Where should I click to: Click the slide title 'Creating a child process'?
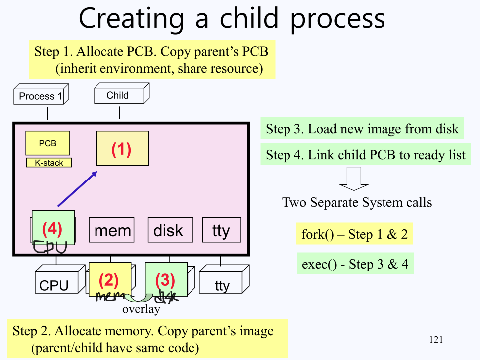232,18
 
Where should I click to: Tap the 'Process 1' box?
40,96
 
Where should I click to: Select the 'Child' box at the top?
118,95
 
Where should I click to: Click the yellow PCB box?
48,143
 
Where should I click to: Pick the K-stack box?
49,163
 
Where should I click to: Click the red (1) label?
121,149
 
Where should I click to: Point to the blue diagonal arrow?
77,188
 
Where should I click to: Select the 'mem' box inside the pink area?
112,230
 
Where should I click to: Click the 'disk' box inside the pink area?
168,230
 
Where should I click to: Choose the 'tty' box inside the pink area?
221,230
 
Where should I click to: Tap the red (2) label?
109,281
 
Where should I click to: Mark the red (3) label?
165,281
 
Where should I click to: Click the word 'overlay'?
141,309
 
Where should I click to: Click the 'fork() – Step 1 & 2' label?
355,234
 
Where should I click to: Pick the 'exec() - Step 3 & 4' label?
355,264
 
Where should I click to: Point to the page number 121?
435,340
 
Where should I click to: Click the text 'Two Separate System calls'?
357,202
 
